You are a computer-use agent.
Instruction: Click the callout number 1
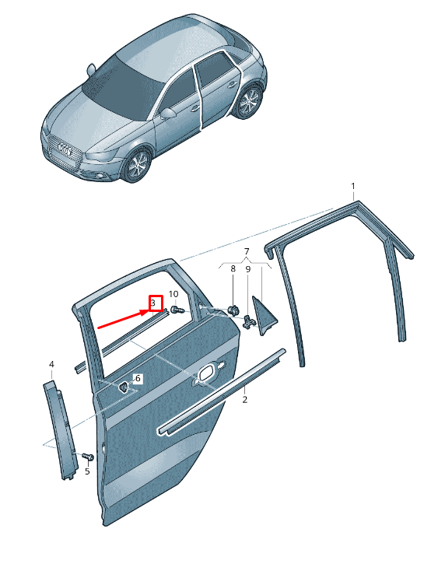point(352,186)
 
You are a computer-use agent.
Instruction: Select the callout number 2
point(245,399)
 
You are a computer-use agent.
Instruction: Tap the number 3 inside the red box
point(152,303)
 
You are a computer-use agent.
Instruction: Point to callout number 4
point(51,364)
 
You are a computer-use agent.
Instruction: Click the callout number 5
point(87,471)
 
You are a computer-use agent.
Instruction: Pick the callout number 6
point(138,378)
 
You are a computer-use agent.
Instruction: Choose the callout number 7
point(247,251)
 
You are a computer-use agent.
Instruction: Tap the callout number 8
point(233,268)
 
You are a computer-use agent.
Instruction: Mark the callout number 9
point(248,269)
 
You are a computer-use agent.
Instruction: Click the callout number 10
point(173,294)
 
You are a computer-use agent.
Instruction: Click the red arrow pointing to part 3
point(124,320)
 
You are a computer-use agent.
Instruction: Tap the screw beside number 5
point(88,456)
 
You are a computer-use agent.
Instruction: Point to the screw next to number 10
point(177,309)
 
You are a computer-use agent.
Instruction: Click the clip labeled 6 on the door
point(124,387)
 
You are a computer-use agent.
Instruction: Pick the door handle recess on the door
point(209,373)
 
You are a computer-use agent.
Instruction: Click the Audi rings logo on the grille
point(65,149)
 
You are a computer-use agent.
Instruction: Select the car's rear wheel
point(249,100)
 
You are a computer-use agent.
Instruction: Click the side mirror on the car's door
point(168,114)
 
